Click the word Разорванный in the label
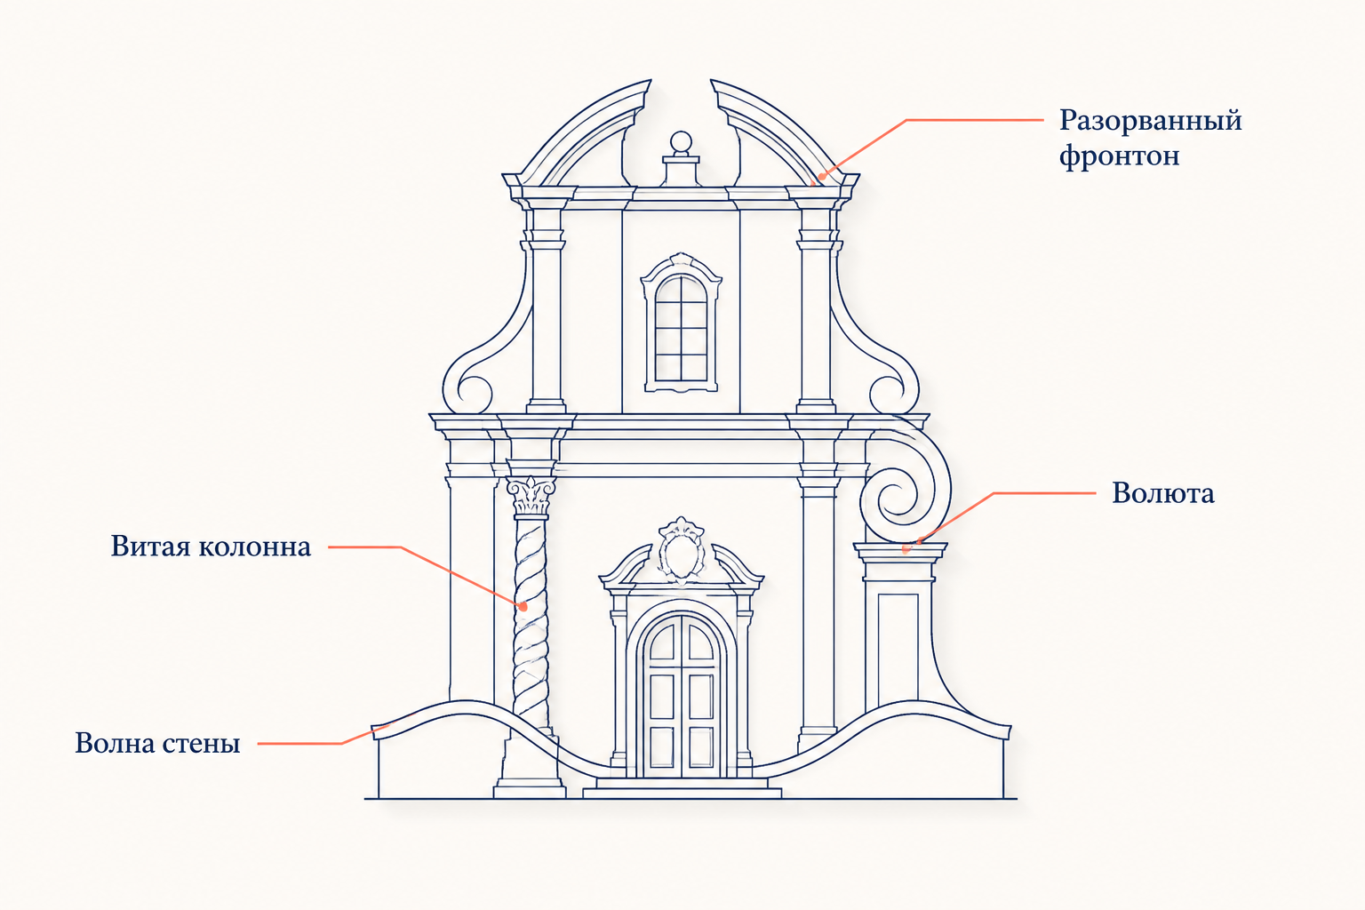(1151, 121)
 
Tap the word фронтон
(1120, 157)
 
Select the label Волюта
(1162, 493)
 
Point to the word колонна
(255, 547)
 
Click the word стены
(199, 744)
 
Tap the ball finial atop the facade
(681, 142)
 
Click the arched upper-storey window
(682, 323)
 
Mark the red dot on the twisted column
(523, 607)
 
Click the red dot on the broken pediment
(821, 177)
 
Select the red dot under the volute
(906, 549)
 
